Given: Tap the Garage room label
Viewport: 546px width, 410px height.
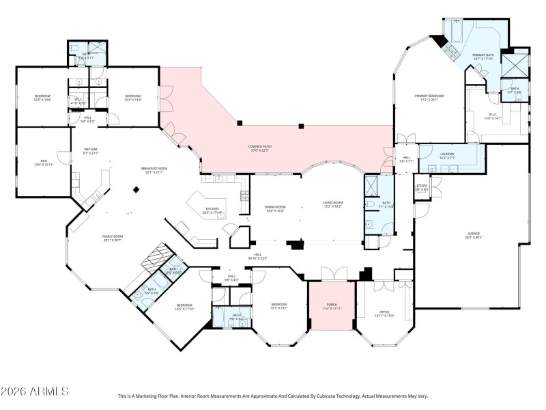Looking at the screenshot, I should point(474,235).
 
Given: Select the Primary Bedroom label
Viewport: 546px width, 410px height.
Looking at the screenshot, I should point(429,98).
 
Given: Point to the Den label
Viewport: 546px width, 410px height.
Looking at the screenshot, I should point(43,163).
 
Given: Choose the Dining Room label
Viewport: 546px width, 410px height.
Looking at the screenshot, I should point(275,208).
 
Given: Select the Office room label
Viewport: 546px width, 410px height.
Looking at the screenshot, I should point(385,314).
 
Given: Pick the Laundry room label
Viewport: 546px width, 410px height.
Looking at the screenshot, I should point(446,156).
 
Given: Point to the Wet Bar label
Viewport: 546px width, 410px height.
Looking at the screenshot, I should point(91,151).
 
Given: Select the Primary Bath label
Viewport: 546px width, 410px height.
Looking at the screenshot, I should point(483,57).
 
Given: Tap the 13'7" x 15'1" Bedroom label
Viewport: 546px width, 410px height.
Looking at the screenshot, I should point(278,306).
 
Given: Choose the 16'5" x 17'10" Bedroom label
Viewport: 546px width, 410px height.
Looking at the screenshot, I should point(185,307).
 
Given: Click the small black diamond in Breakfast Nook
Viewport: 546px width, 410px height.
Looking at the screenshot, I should point(136,191).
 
